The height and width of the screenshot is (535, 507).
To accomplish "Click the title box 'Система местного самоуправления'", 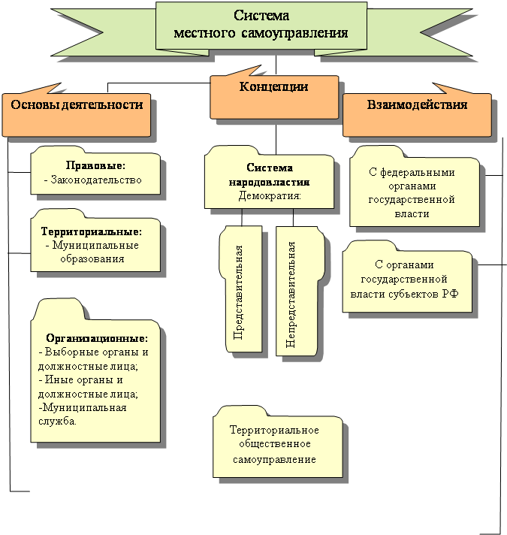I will (x=261, y=25).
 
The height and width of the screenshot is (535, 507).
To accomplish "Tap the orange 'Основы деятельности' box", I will (x=77, y=106).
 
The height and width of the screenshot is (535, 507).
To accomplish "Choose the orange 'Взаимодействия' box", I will (x=417, y=105).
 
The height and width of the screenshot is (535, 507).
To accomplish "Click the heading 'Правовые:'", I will (x=95, y=165).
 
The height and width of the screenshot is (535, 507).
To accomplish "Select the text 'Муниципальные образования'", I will (x=93, y=252).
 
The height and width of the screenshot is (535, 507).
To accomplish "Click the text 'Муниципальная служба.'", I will (x=81, y=414).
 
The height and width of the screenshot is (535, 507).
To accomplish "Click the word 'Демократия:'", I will (x=270, y=195).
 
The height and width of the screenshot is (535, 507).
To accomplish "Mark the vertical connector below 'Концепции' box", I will (x=277, y=135).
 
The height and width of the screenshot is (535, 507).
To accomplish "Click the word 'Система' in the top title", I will (x=261, y=17).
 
